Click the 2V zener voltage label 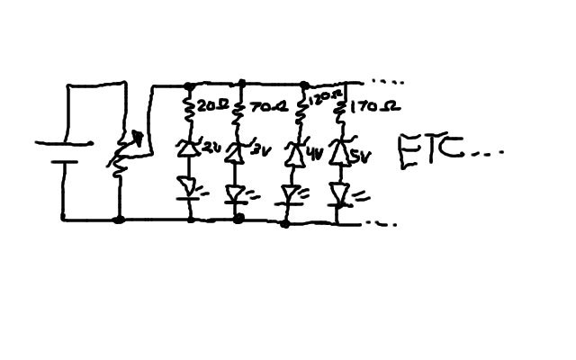(212, 145)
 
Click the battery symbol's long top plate (63, 143)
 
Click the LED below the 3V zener (238, 193)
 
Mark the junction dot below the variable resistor (119, 219)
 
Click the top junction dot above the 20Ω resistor (190, 86)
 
